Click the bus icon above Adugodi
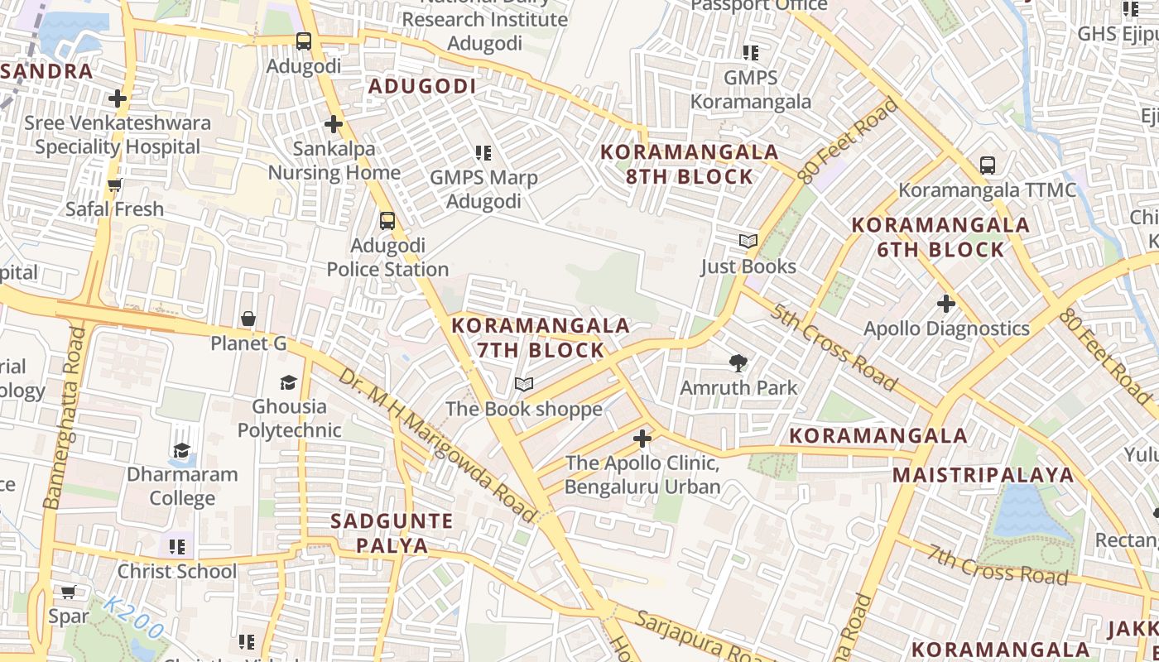(x=304, y=41)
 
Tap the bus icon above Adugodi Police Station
(x=387, y=221)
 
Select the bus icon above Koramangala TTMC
(x=987, y=165)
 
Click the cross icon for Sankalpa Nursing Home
(x=334, y=124)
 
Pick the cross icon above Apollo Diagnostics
(x=946, y=304)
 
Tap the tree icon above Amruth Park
(x=738, y=362)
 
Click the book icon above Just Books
(x=748, y=242)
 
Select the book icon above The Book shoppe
(x=524, y=384)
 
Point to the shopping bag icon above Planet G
(x=248, y=319)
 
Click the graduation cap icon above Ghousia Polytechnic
(x=288, y=381)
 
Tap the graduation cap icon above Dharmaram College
(x=181, y=450)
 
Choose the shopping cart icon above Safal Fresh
(x=115, y=185)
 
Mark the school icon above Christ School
(x=177, y=547)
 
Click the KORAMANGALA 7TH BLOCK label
(x=541, y=338)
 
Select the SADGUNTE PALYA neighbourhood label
(x=392, y=533)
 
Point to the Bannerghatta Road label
(x=65, y=418)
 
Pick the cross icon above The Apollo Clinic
(x=642, y=439)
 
